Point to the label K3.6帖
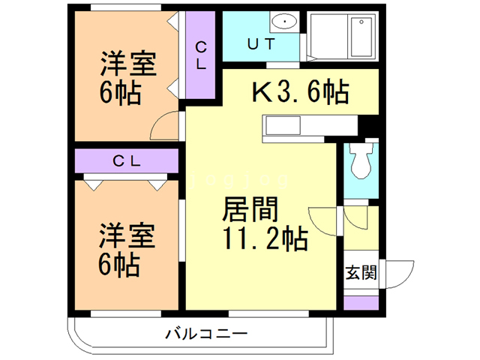299,92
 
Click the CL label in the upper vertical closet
201,55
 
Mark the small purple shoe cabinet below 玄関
361,303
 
